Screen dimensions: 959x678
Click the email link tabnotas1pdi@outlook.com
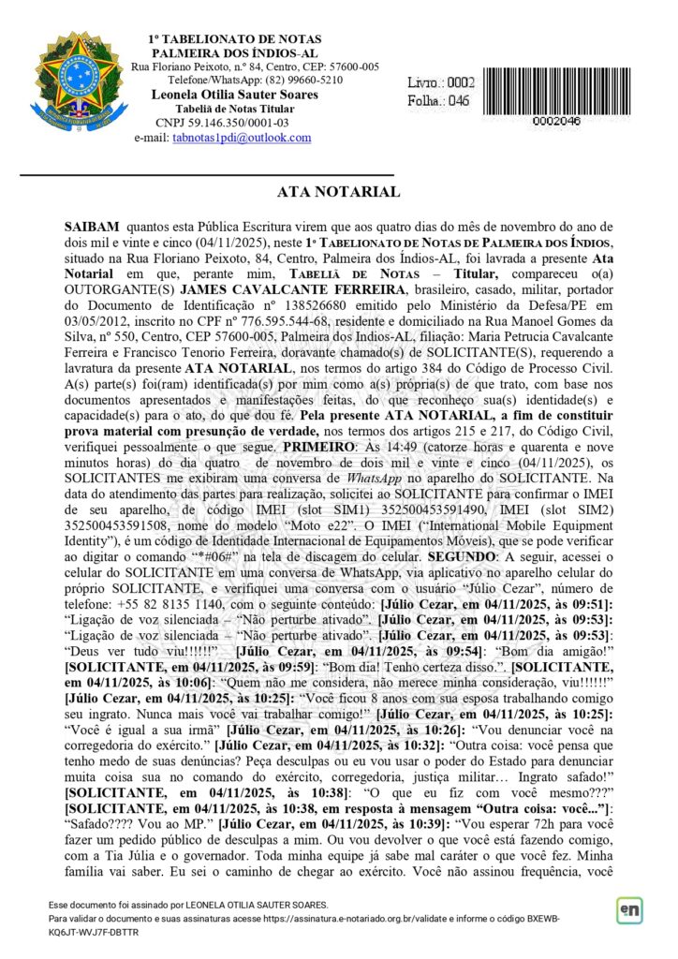tap(255, 138)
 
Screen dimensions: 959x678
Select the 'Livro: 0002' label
tap(440, 83)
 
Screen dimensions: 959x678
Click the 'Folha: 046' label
tap(438, 101)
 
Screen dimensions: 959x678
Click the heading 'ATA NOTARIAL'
tap(339, 192)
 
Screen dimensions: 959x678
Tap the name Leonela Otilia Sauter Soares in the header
tap(234, 95)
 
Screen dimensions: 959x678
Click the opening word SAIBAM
tap(91, 227)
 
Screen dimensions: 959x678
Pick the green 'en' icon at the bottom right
tap(629, 909)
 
